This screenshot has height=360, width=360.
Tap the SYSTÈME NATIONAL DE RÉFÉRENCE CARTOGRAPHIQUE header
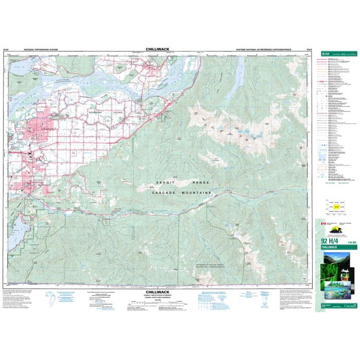[263, 50]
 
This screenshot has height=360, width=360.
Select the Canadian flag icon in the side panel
[324, 224]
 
